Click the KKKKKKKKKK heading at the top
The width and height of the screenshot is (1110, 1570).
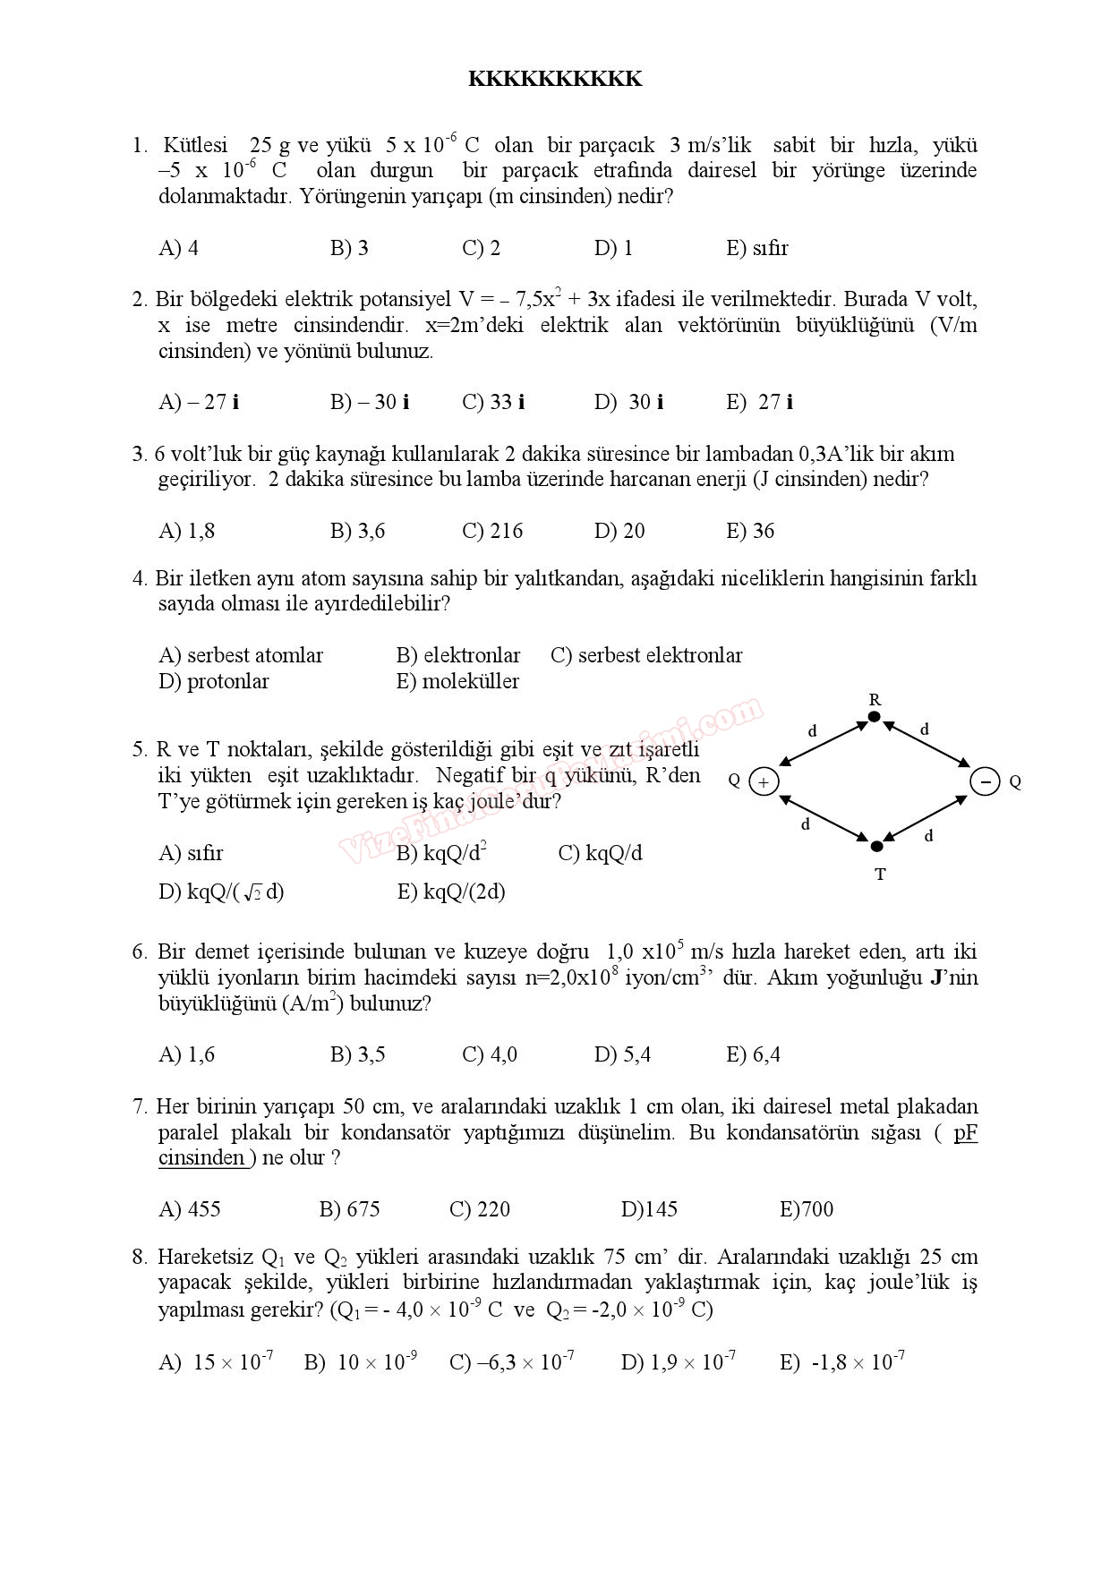(555, 80)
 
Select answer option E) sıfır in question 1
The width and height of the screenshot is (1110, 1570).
(756, 248)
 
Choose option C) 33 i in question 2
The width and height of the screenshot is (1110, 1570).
(493, 402)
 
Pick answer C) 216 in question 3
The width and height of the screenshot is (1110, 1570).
(492, 531)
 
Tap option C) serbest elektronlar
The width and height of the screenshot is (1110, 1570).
(646, 655)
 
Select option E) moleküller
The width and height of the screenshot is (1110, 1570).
(457, 681)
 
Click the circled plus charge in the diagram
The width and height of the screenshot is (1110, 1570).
(764, 781)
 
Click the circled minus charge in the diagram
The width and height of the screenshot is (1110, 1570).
(985, 781)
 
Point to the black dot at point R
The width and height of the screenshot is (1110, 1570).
(875, 717)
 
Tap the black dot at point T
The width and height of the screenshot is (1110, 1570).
(877, 846)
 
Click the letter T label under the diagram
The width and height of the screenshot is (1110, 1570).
(880, 875)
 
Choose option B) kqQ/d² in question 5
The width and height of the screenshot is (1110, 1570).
(441, 853)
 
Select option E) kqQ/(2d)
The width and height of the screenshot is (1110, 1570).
(451, 892)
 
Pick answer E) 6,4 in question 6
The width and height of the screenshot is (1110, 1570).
(753, 1054)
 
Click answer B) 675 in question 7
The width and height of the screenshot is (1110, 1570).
(349, 1209)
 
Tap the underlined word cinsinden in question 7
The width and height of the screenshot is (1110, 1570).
(201, 1157)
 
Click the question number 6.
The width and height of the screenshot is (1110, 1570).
(139, 951)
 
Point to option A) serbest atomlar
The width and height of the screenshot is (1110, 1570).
(241, 655)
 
